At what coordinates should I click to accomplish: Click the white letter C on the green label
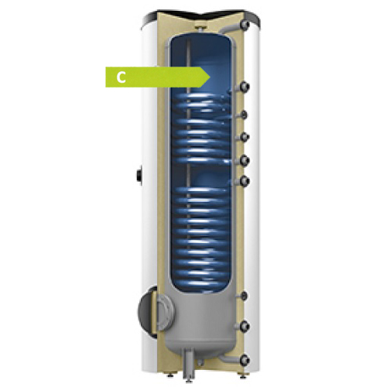(121, 77)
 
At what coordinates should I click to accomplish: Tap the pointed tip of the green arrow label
(210, 77)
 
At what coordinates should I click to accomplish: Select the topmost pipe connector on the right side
(244, 25)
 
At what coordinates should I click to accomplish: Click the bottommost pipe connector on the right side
(244, 360)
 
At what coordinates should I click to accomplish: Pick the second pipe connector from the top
(244, 87)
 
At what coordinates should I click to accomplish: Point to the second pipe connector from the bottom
(244, 326)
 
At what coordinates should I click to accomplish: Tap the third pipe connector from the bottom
(244, 296)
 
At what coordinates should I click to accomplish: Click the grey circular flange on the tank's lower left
(163, 313)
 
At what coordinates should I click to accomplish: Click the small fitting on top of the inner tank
(199, 28)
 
